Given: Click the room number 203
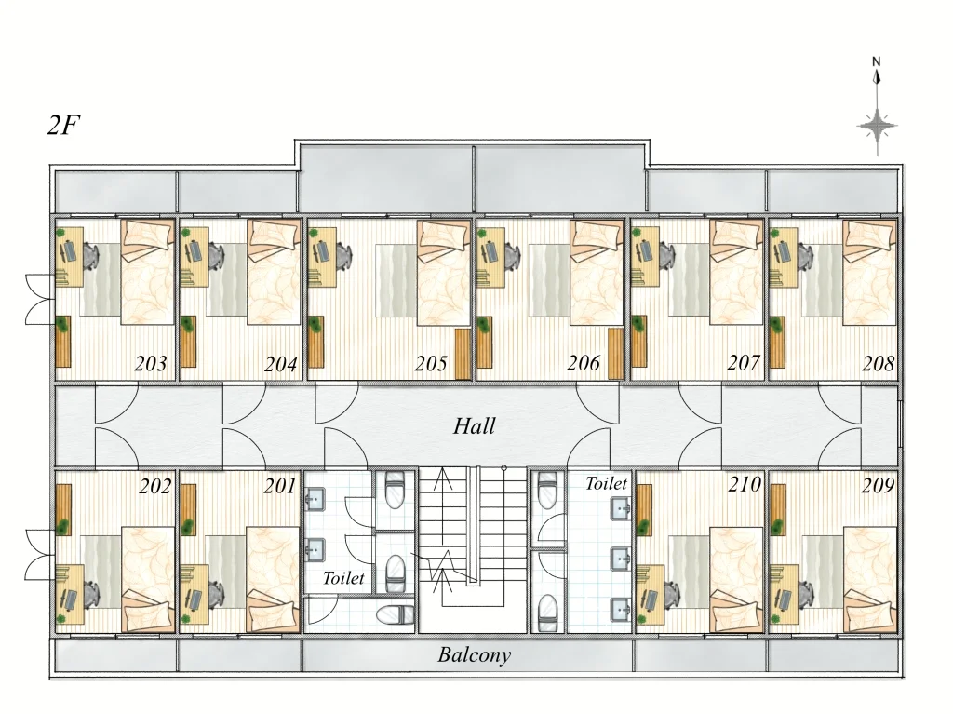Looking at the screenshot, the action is point(150,364).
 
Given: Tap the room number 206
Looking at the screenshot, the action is point(584,363).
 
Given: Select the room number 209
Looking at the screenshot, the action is point(879,485).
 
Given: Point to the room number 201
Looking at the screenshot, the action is point(280,486).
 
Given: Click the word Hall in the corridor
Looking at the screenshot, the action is point(474,425).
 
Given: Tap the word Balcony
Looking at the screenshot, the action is point(474,655).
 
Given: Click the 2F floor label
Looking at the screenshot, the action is point(63,126).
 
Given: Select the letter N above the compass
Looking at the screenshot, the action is point(877,61).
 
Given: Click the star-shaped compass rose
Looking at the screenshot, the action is point(877,127).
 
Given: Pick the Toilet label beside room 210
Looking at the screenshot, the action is point(606,483).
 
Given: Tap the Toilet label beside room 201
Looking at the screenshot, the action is point(343,578).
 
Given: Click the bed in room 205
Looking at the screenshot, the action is point(444,272).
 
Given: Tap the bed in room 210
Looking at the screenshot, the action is point(736,580).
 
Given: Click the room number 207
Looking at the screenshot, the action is point(744,363).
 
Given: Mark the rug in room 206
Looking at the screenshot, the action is point(549,280).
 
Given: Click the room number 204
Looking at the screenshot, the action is point(280,364).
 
